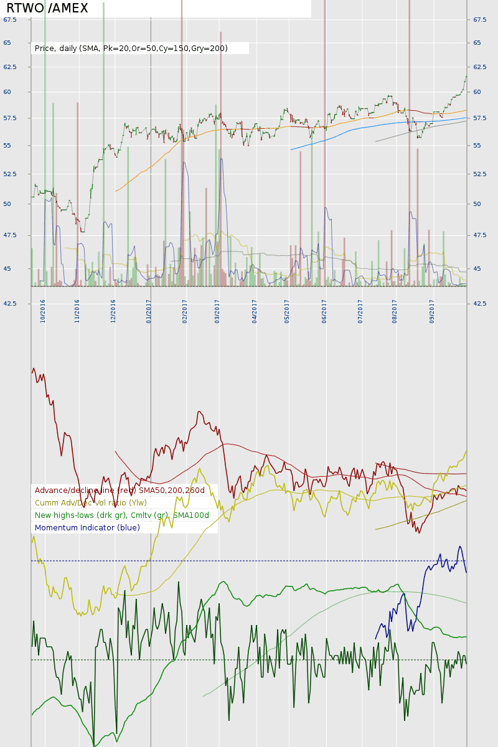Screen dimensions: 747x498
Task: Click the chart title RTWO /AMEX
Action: [x=47, y=8]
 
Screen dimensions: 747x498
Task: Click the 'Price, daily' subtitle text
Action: [x=131, y=48]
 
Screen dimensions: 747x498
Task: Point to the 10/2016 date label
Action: [x=43, y=311]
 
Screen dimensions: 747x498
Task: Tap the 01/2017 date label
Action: [x=149, y=311]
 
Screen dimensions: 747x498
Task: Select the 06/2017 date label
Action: [x=324, y=311]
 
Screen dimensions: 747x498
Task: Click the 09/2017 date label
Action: [x=431, y=311]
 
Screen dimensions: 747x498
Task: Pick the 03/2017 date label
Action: [x=217, y=311]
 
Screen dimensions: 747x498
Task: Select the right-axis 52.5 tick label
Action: [x=479, y=174]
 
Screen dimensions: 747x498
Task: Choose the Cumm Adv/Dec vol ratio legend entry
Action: [x=91, y=503]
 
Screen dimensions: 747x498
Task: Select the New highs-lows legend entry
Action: [x=122, y=515]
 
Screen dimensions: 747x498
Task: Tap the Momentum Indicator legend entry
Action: [x=87, y=528]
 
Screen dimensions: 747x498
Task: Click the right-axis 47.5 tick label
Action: [x=479, y=235]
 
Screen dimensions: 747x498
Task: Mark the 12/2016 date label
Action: [x=113, y=311]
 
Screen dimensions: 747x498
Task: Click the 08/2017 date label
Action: [x=395, y=311]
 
